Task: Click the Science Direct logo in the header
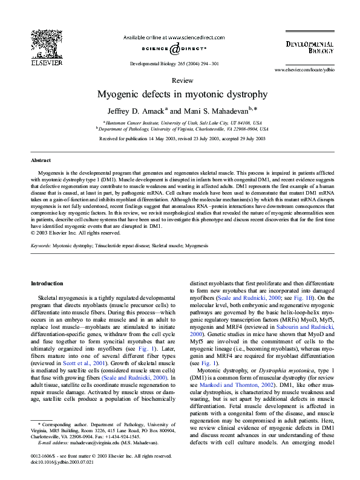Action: (174, 48)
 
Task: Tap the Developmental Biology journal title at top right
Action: (310, 48)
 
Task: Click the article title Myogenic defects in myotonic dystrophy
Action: (182, 94)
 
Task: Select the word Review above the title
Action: (182, 80)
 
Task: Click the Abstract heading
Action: (41, 160)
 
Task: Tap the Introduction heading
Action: (47, 284)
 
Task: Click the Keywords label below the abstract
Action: (42, 247)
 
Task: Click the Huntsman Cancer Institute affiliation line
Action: (182, 122)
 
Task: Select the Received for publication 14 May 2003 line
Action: (182, 138)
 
